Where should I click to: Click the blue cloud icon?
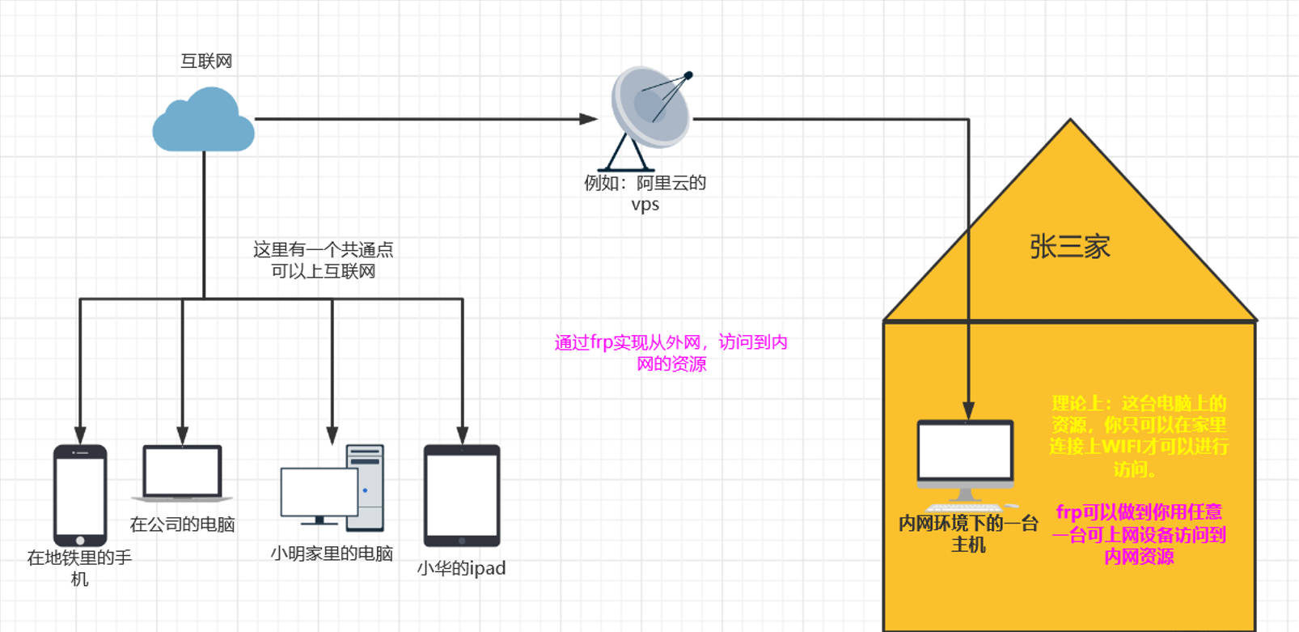point(203,121)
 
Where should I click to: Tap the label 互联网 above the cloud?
point(206,62)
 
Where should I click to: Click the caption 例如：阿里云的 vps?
point(645,193)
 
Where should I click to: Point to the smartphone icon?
point(80,494)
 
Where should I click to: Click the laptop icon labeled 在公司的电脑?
point(182,473)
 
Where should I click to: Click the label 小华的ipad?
point(461,569)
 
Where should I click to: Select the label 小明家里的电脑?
point(332,554)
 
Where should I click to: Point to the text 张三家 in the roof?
point(1069,247)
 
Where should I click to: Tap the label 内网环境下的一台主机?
point(968,534)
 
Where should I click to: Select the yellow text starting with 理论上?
point(1138,436)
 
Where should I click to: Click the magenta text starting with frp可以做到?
point(1139,534)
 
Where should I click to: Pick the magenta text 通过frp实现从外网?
point(671,353)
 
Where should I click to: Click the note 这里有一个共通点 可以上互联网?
point(323,261)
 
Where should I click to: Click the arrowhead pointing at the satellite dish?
point(589,119)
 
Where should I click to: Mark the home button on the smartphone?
point(80,541)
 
